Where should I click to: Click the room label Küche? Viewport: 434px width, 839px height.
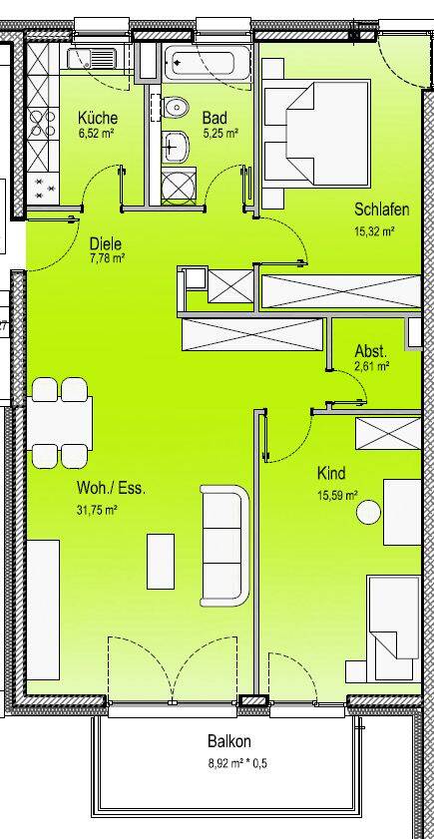pyautogui.click(x=98, y=118)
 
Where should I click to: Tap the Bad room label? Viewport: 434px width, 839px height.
pyautogui.click(x=213, y=118)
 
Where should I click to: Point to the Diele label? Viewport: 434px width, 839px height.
pyautogui.click(x=105, y=242)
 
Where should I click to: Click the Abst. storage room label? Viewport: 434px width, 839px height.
pyautogui.click(x=371, y=351)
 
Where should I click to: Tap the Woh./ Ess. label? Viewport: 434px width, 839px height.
pyautogui.click(x=111, y=490)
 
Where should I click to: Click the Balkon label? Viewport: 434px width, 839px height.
pyautogui.click(x=229, y=742)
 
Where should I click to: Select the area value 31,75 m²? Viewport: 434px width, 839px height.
pyautogui.click(x=99, y=510)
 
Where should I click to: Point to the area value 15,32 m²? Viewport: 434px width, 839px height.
pyautogui.click(x=375, y=231)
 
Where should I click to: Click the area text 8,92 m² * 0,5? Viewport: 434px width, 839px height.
pyautogui.click(x=230, y=764)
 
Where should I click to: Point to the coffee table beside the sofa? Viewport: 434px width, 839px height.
pyautogui.click(x=162, y=560)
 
